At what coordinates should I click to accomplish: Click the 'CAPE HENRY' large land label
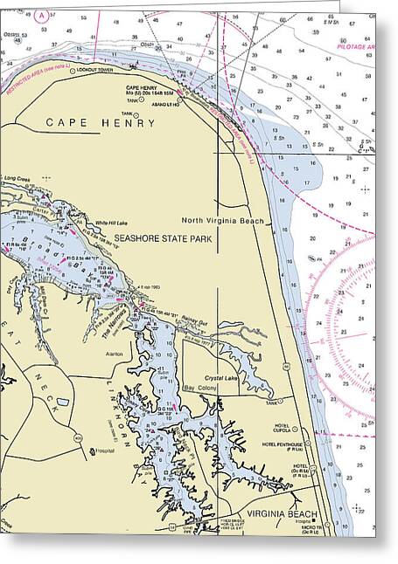pyautogui.click(x=101, y=123)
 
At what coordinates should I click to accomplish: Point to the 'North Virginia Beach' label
pyautogui.click(x=222, y=221)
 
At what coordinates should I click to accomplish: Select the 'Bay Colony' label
pyautogui.click(x=199, y=388)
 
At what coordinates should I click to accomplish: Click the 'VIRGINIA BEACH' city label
pyautogui.click(x=281, y=514)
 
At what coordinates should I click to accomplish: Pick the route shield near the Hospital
pyautogui.click(x=91, y=452)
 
